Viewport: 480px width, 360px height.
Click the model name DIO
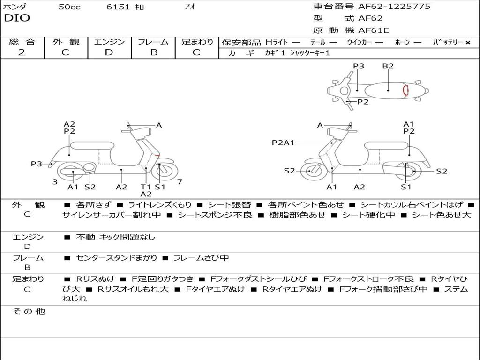pyautogui.click(x=17, y=18)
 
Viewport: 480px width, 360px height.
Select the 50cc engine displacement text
pyautogui.click(x=69, y=7)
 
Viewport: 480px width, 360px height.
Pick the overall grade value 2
pyautogui.click(x=22, y=52)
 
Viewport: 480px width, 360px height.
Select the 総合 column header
pyautogui.click(x=22, y=42)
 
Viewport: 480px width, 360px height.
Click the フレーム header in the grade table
pyautogui.click(x=153, y=42)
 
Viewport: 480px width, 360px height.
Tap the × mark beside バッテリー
pyautogui.click(x=468, y=42)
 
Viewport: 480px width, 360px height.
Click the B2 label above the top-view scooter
pyautogui.click(x=388, y=66)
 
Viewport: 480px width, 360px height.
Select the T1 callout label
pyautogui.click(x=146, y=187)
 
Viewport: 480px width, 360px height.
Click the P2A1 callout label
pyautogui.click(x=283, y=142)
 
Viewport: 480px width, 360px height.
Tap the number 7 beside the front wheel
pyautogui.click(x=180, y=181)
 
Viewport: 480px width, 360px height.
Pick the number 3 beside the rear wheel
pyautogui.click(x=55, y=181)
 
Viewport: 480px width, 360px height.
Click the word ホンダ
pyautogui.click(x=15, y=7)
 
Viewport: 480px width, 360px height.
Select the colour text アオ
pyautogui.click(x=190, y=7)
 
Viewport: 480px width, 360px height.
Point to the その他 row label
pyautogui.click(x=29, y=311)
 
